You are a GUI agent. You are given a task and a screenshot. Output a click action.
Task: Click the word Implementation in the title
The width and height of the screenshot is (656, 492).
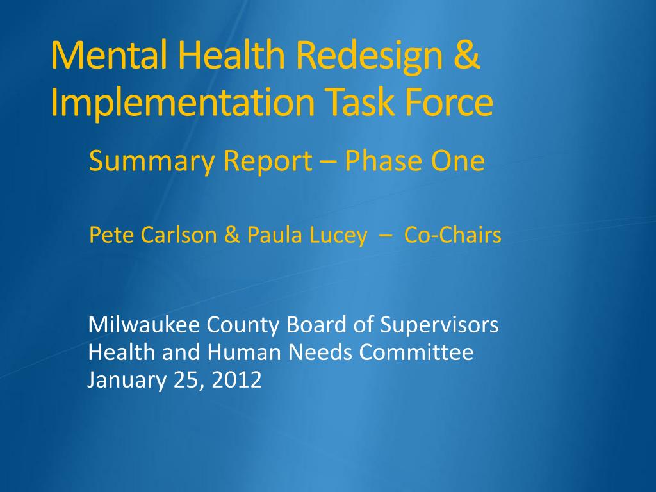(183, 103)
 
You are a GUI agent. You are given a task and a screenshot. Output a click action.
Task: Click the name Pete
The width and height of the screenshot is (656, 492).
(111, 234)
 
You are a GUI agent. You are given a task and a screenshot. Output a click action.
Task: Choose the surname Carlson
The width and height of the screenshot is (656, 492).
(179, 234)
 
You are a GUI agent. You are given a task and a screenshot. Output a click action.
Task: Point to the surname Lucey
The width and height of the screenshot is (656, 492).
(338, 236)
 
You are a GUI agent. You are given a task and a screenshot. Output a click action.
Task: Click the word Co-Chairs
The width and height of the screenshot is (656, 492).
(453, 234)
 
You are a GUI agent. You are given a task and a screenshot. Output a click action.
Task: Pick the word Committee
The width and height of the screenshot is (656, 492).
(416, 352)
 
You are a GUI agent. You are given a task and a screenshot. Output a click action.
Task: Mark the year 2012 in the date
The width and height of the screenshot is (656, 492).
(237, 380)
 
